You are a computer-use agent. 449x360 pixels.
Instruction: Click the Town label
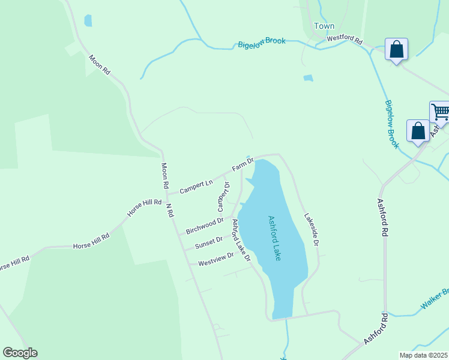324,26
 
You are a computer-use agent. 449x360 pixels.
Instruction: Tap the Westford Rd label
345,40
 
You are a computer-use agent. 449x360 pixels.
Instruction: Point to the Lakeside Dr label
310,230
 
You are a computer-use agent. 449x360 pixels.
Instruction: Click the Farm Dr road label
243,163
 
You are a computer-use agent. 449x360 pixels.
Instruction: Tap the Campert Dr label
223,196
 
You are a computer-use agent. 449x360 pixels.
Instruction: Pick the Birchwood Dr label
205,226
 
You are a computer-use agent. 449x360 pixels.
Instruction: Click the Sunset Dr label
208,242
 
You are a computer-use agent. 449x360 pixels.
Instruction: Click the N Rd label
169,210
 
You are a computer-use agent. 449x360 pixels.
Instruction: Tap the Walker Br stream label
434,299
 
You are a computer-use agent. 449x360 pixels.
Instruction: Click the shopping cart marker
440,112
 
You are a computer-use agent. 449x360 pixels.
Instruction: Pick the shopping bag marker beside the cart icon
418,131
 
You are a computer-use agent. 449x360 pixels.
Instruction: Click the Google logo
20,353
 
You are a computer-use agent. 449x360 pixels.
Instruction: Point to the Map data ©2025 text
424,355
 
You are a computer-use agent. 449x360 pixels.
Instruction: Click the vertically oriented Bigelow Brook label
391,124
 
